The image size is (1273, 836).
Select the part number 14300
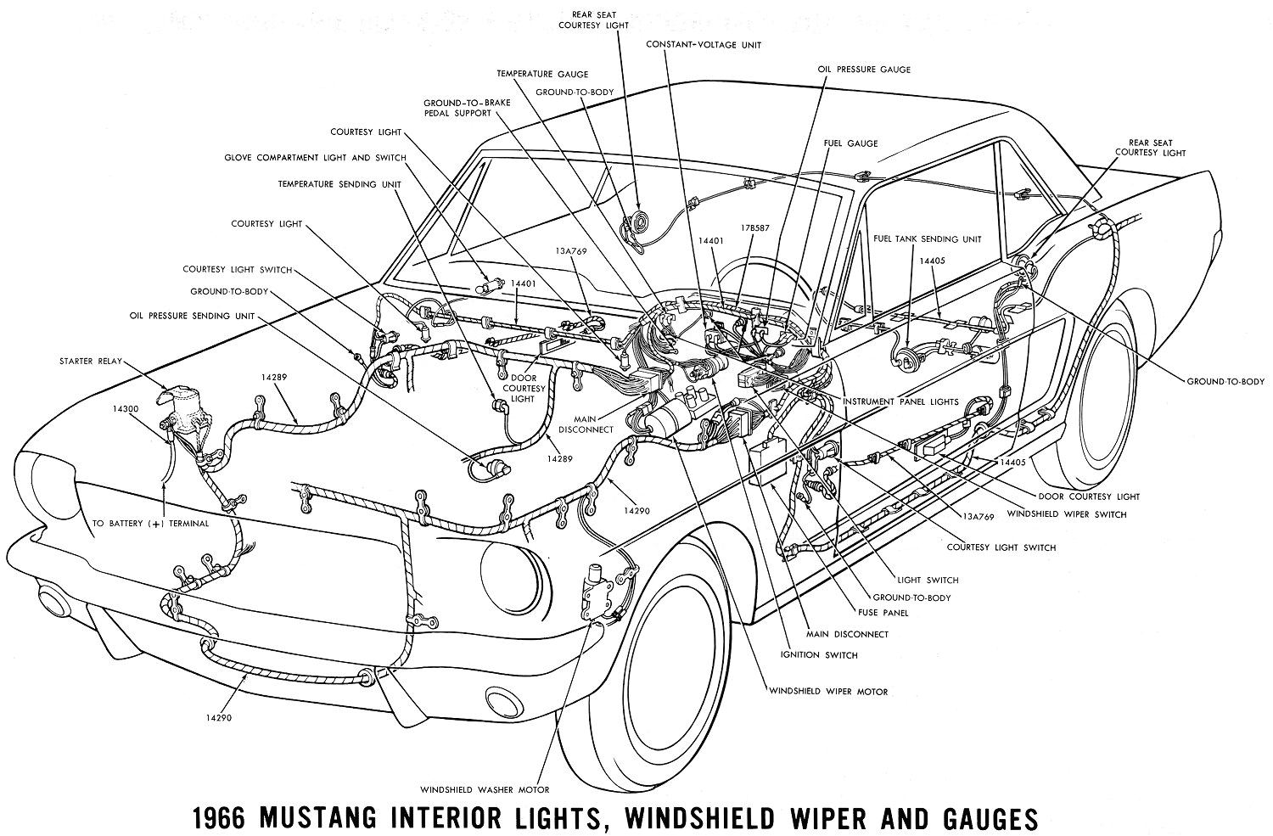[125, 408]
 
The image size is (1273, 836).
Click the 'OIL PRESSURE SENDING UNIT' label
[192, 315]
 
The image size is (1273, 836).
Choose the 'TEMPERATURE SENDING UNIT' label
[339, 183]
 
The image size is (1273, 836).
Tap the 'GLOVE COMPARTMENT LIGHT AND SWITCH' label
[315, 158]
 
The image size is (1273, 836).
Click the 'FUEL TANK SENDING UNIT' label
[927, 239]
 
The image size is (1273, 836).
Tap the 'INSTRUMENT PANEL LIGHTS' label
[900, 401]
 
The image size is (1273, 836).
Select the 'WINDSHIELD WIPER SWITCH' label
[1067, 513]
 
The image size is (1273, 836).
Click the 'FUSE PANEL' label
[883, 612]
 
